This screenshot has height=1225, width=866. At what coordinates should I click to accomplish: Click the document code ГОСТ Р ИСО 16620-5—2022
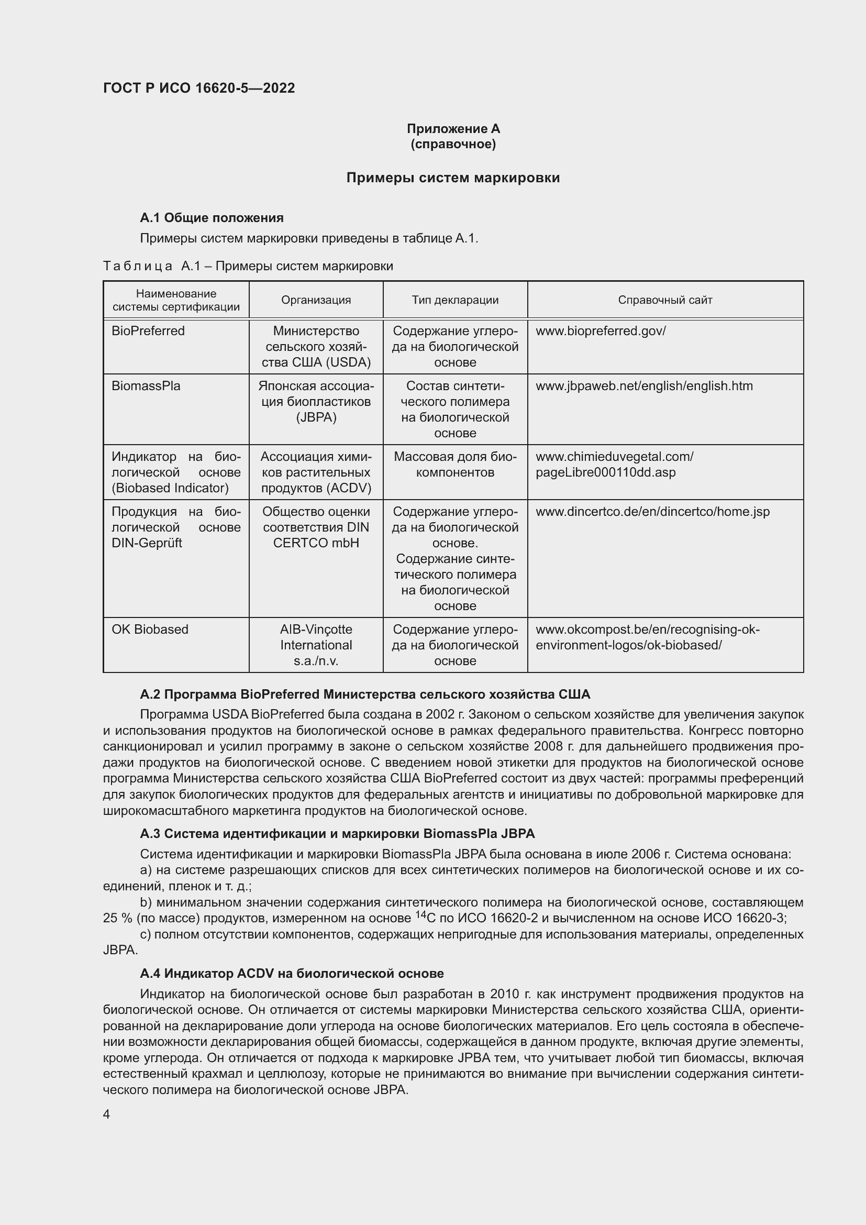tap(199, 88)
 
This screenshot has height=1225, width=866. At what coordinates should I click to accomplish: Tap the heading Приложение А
tap(453, 129)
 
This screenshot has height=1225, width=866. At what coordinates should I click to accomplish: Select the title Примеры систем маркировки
tap(453, 178)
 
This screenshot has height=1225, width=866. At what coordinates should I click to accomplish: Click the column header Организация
tap(316, 300)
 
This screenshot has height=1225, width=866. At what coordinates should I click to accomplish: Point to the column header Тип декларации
tap(455, 300)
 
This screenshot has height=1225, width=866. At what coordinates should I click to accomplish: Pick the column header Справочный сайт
tap(665, 300)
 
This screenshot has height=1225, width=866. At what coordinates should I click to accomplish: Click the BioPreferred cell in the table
tap(148, 331)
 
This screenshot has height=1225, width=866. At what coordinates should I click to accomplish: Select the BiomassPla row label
tap(146, 386)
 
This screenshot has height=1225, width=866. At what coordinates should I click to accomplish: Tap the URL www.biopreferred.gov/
tap(601, 331)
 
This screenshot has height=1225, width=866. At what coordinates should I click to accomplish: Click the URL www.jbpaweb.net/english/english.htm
tap(644, 386)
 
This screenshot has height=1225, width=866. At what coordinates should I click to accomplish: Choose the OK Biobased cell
tap(150, 629)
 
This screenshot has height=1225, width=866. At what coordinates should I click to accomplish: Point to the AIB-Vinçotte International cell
tap(316, 645)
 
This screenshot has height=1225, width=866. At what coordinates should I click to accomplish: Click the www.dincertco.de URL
tap(653, 512)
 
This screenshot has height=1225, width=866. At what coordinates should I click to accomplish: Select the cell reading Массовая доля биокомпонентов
tap(455, 464)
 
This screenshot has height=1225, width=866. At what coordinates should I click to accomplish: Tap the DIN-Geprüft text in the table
tap(147, 543)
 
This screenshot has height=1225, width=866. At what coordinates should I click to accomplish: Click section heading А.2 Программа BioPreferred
tap(365, 694)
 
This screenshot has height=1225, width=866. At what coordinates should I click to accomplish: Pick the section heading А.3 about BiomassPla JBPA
tap(337, 833)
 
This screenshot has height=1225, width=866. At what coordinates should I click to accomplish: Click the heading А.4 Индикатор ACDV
tap(292, 974)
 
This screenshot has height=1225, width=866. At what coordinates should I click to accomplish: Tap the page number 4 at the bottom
tap(107, 1114)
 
